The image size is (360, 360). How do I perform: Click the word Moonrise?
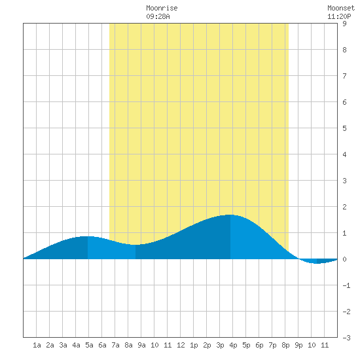(x=162, y=9)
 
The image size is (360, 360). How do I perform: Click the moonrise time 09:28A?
(x=158, y=16)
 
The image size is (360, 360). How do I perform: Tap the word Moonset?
(x=341, y=9)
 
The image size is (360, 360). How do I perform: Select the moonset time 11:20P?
(x=339, y=16)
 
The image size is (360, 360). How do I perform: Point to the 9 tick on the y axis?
(x=344, y=24)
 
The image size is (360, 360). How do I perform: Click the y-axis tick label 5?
(x=344, y=128)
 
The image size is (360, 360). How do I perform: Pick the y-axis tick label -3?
(x=346, y=338)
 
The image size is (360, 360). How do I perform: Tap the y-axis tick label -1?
(x=346, y=285)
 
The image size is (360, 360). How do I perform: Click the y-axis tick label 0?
(x=344, y=259)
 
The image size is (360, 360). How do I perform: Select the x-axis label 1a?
(x=37, y=345)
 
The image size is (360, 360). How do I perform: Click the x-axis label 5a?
(x=89, y=345)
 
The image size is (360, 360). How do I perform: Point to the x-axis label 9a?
(x=141, y=345)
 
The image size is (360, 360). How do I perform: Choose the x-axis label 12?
(x=181, y=345)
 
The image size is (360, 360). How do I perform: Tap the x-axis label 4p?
(x=233, y=345)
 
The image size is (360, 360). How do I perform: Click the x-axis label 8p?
(x=285, y=345)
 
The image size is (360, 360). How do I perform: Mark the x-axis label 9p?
(x=298, y=345)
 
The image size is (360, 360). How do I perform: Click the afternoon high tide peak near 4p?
(x=230, y=215)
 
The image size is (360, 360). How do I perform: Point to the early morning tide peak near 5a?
(x=88, y=236)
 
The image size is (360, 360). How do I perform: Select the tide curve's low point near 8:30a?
(x=135, y=245)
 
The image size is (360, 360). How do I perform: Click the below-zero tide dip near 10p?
(x=317, y=263)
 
